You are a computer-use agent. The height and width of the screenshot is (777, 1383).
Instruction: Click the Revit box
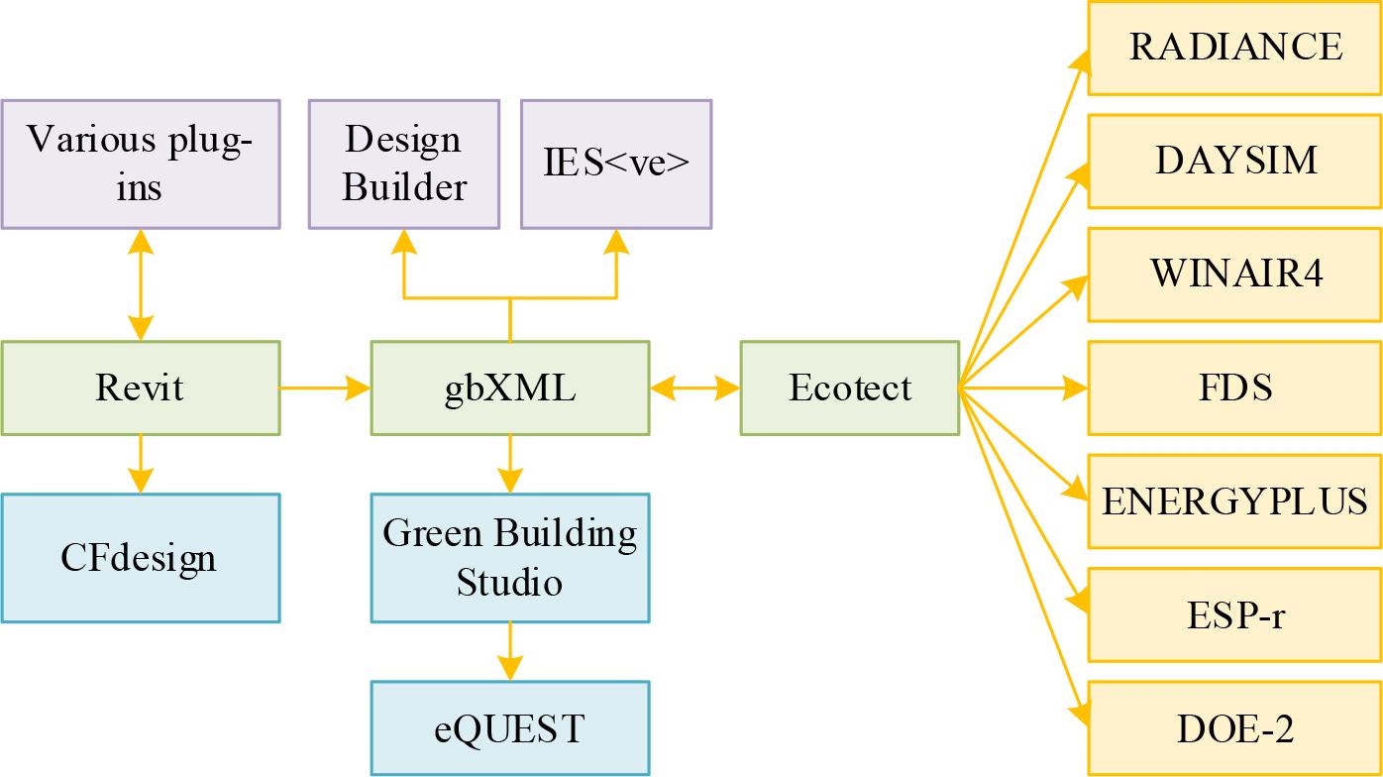pos(140,388)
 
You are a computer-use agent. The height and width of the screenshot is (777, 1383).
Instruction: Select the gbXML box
pos(510,388)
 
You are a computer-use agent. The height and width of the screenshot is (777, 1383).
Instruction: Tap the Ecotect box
pos(849,388)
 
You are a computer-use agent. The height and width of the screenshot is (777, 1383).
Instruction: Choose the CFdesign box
pos(140,558)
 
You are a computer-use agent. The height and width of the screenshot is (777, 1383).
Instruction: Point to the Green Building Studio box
pos(510,558)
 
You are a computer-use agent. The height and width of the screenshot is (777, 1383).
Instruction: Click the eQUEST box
pos(510,728)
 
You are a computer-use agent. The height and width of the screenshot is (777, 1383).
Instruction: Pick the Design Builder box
pos(403,164)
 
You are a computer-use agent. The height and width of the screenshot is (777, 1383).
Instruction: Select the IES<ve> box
pos(616,164)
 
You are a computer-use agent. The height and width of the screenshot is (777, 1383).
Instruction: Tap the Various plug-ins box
pos(140,164)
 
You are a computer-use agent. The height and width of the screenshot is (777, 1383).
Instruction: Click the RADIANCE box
pos(1235,48)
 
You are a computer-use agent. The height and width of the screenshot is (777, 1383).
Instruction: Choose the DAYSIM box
pos(1235,161)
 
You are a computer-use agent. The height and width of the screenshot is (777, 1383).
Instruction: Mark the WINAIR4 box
pos(1235,275)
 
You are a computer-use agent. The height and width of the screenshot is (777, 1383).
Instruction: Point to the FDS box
pos(1235,388)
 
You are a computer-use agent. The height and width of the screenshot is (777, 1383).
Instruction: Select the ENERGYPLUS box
pos(1235,501)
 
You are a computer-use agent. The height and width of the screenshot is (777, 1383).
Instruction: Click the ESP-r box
pos(1235,614)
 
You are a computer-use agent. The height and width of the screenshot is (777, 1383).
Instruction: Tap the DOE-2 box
pos(1235,728)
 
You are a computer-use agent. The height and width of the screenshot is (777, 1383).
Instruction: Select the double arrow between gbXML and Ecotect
pos(694,388)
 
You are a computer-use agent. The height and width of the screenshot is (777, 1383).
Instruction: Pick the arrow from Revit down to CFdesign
pos(140,464)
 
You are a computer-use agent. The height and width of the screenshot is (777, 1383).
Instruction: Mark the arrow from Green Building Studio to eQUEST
pos(510,651)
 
